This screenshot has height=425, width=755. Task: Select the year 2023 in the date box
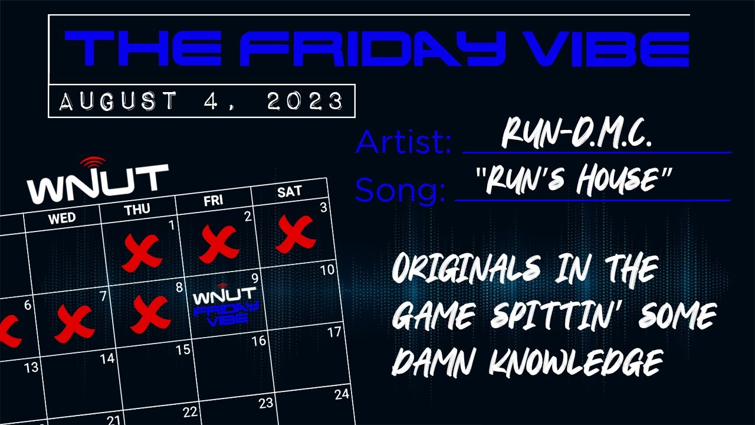305,102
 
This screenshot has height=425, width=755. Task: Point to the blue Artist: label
403,142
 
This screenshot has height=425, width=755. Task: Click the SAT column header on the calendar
289,191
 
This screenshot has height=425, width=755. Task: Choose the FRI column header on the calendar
214,200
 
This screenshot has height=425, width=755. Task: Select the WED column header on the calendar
62,218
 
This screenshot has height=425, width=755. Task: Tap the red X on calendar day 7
74,323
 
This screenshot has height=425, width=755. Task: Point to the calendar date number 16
258,341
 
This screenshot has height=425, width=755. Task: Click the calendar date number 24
342,394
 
